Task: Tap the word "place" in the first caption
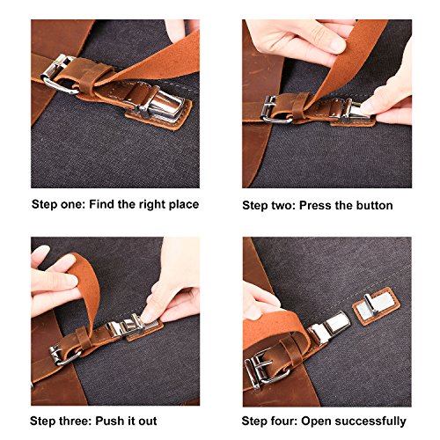[180, 204]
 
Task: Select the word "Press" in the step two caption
[315, 205]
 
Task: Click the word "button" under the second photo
[372, 205]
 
